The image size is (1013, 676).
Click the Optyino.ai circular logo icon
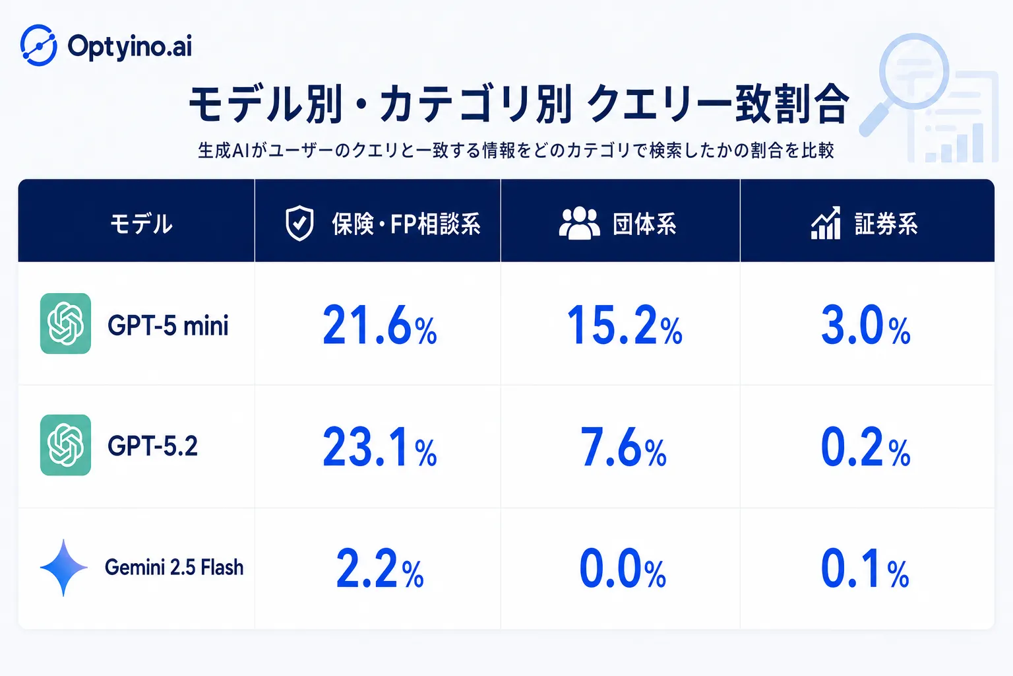click(39, 46)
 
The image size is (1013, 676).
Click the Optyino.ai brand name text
click(130, 47)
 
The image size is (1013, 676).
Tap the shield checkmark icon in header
click(299, 223)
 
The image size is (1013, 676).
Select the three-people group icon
click(579, 223)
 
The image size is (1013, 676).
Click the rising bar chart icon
click(826, 222)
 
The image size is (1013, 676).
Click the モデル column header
click(141, 224)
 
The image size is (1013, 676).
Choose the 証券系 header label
click(886, 224)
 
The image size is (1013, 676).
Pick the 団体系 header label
click(644, 224)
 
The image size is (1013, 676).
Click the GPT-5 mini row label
click(168, 325)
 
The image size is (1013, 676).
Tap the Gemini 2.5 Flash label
click(174, 567)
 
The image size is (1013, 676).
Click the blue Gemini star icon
click(64, 567)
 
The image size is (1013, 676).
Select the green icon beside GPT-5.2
click(65, 445)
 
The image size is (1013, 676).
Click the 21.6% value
click(380, 325)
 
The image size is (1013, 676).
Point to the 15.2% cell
click(624, 325)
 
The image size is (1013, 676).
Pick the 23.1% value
click(380, 448)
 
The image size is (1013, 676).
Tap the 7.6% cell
click(623, 448)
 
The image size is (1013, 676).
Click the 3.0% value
click(865, 325)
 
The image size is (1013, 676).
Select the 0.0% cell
click(623, 568)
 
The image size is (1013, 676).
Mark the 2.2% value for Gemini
click(380, 568)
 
